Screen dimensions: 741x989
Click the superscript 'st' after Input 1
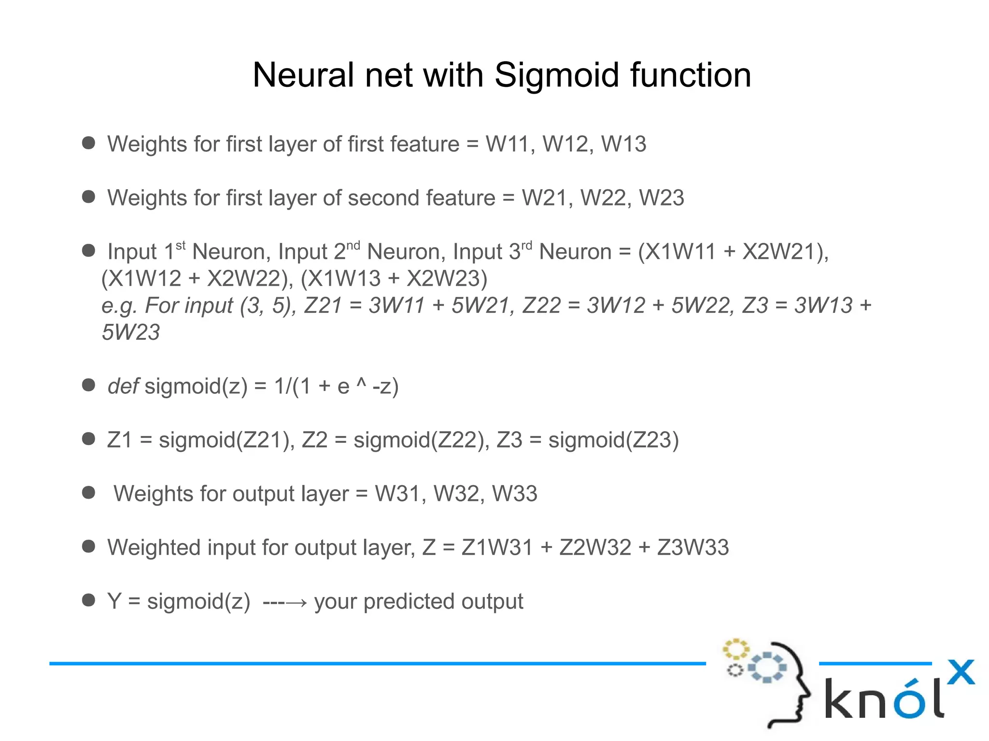[181, 246]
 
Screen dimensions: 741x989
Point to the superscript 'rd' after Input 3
[526, 246]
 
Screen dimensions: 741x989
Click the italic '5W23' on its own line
[130, 332]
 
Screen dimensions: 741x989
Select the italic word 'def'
[123, 386]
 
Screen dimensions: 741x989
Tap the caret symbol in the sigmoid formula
[361, 383]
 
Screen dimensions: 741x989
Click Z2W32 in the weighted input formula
[595, 547]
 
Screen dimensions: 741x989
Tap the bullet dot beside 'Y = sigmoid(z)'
[88, 600]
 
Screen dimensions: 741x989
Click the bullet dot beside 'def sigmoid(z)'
[88, 385]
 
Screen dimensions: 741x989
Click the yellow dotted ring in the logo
[735, 649]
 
